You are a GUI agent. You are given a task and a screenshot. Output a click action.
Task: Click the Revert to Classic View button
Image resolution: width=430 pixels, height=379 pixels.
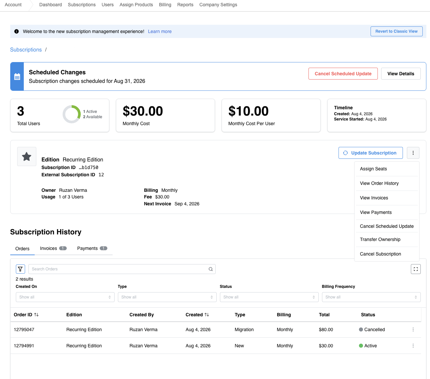click(x=396, y=31)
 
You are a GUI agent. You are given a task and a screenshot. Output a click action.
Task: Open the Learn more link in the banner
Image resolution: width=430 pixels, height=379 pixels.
click(x=160, y=31)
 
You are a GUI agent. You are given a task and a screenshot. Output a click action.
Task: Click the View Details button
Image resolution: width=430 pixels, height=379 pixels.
click(x=401, y=74)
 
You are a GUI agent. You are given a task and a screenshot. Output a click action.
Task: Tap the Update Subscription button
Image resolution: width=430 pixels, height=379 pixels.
click(x=370, y=153)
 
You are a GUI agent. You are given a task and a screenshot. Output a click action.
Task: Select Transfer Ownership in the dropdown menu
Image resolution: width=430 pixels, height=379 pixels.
click(x=380, y=239)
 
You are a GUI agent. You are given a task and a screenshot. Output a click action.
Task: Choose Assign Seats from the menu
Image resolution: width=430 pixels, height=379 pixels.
click(x=373, y=169)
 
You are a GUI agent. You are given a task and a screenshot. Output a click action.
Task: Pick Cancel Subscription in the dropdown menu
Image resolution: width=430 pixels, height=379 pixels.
click(x=380, y=254)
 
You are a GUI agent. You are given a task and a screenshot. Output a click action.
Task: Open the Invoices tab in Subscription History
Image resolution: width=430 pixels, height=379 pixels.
click(x=53, y=248)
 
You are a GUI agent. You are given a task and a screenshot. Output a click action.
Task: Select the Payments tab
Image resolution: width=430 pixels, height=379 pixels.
click(x=92, y=248)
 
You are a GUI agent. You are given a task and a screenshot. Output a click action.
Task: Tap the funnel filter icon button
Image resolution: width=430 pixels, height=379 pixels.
click(x=20, y=269)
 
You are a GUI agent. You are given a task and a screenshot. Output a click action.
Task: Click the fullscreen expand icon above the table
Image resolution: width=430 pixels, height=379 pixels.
click(x=415, y=269)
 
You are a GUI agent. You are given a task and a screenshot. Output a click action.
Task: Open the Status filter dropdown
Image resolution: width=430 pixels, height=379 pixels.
click(x=269, y=297)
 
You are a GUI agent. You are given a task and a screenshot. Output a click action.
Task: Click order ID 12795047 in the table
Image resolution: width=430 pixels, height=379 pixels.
click(x=24, y=329)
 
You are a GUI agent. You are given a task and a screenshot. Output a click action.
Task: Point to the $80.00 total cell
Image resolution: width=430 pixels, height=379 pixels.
click(x=326, y=329)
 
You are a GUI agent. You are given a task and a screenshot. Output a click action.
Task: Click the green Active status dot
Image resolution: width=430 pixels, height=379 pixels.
click(x=361, y=345)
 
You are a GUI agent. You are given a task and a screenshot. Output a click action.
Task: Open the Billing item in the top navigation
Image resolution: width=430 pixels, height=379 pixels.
click(x=165, y=5)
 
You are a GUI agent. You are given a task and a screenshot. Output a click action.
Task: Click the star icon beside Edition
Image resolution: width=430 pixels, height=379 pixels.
click(x=27, y=156)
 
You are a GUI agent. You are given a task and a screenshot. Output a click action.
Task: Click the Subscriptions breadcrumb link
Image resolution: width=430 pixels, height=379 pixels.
click(x=26, y=50)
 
